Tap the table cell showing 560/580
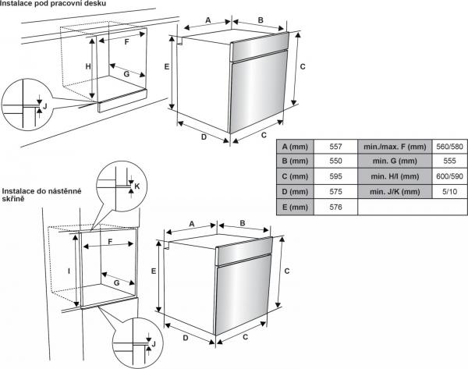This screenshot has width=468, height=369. [449, 147]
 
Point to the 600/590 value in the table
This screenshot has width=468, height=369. [449, 176]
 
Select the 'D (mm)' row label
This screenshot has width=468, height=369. [296, 192]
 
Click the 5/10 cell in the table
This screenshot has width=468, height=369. [449, 192]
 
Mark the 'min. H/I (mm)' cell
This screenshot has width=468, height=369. [394, 176]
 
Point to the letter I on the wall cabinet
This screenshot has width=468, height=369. [69, 271]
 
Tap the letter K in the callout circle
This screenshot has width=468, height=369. [136, 187]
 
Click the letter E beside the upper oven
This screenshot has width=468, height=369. [167, 67]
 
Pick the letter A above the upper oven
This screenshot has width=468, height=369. [209, 20]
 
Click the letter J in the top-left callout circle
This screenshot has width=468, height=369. [44, 105]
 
